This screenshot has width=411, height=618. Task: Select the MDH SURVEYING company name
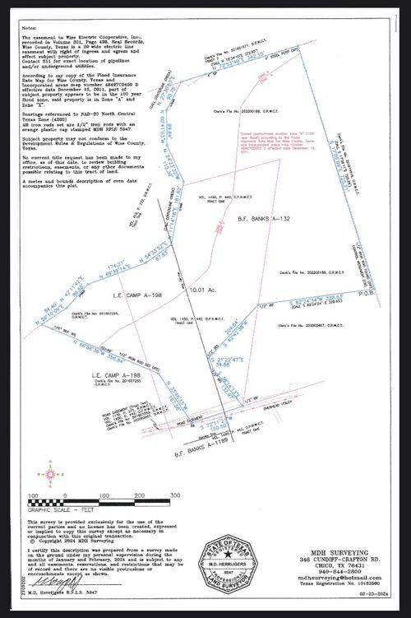point(333,553)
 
